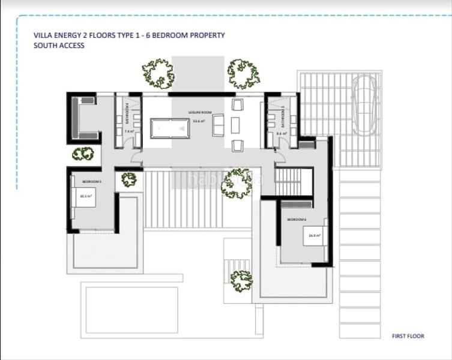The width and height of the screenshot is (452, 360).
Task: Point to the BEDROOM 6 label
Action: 297,220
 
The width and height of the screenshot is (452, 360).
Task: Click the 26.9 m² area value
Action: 314,236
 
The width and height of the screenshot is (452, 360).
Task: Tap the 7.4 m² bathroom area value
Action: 128,131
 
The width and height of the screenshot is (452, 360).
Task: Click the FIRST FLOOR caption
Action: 408,337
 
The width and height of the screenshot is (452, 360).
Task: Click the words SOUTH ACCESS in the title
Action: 59,46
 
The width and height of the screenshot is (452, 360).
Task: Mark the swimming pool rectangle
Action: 131,310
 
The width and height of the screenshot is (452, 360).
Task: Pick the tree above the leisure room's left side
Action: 158,73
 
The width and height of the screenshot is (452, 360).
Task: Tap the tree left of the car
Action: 244,74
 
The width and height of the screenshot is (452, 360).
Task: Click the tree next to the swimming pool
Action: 241,281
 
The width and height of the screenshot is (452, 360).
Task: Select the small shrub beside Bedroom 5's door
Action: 128,179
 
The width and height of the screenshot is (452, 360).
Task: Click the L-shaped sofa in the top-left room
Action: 83,118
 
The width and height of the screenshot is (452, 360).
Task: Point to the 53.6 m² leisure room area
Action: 198,121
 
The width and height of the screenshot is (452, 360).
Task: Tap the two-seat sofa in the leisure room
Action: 218,125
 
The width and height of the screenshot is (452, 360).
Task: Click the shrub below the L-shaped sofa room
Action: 83,154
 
